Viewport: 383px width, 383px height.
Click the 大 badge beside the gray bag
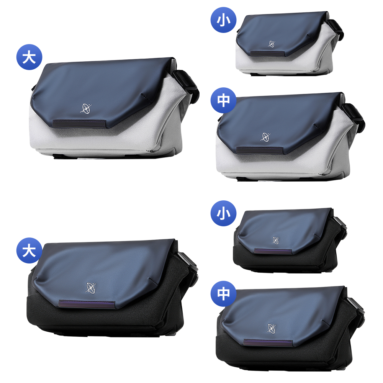point(29,57)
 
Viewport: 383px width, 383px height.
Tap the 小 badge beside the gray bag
point(223,20)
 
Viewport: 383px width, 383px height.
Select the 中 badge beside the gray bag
point(223,100)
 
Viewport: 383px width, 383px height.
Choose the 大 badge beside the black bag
point(29,250)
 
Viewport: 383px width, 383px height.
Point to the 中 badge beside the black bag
point(223,294)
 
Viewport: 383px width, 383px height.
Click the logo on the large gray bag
point(85,109)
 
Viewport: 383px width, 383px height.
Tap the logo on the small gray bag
point(272,44)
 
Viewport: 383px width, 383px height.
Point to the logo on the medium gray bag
point(265,137)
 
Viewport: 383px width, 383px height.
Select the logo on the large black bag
point(91,288)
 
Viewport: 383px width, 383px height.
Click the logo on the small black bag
point(275,240)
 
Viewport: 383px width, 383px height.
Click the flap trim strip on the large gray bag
point(80,123)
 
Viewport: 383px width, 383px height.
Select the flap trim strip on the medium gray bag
point(260,150)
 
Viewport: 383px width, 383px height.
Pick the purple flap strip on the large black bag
point(87,304)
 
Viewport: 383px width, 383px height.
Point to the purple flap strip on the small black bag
point(273,252)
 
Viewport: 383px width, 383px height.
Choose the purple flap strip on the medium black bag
point(268,343)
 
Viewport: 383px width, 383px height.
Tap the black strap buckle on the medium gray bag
point(354,117)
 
